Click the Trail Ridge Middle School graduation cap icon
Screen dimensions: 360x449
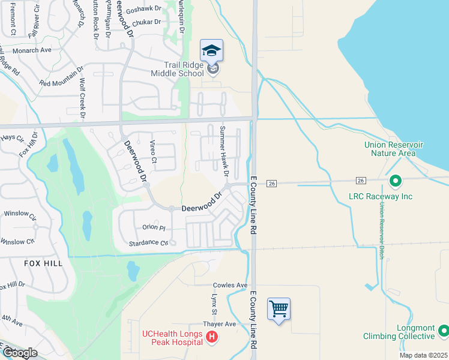(211, 50)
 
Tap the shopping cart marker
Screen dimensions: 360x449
(279, 310)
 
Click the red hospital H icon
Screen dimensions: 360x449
(211, 338)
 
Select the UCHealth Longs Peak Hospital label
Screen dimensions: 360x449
(172, 338)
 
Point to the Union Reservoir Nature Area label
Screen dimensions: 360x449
(394, 149)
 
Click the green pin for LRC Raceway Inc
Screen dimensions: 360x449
(395, 180)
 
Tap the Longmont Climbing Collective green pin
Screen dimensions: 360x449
(444, 331)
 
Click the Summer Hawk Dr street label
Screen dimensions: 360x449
(224, 151)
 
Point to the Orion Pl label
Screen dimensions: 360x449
(154, 227)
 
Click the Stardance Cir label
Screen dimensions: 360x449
(148, 243)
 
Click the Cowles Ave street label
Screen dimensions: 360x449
(230, 285)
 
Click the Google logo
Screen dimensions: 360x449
(20, 353)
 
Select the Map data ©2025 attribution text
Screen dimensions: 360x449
(423, 355)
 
